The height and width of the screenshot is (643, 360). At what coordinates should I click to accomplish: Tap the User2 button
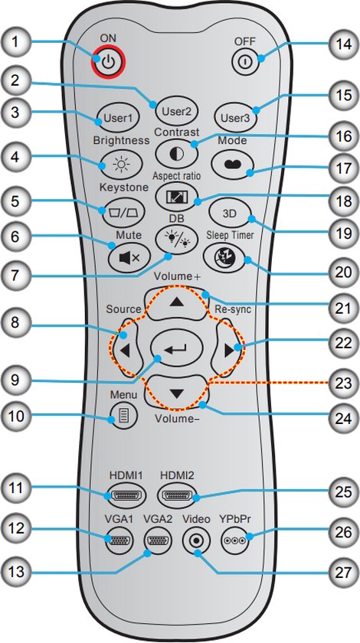(x=176, y=110)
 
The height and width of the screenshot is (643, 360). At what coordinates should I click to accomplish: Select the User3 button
(x=236, y=118)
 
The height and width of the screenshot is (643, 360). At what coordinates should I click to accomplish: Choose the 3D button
(x=231, y=214)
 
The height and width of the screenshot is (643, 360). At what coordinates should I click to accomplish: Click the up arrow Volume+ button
(x=177, y=302)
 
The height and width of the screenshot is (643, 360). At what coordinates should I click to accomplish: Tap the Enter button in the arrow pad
(x=177, y=348)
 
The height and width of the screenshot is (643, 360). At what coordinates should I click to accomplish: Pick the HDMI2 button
(x=177, y=496)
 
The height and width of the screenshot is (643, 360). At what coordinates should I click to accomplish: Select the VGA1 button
(x=119, y=540)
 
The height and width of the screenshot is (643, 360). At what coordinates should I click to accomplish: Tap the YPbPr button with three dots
(x=234, y=540)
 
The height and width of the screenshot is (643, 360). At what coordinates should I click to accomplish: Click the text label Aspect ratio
(x=176, y=176)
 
